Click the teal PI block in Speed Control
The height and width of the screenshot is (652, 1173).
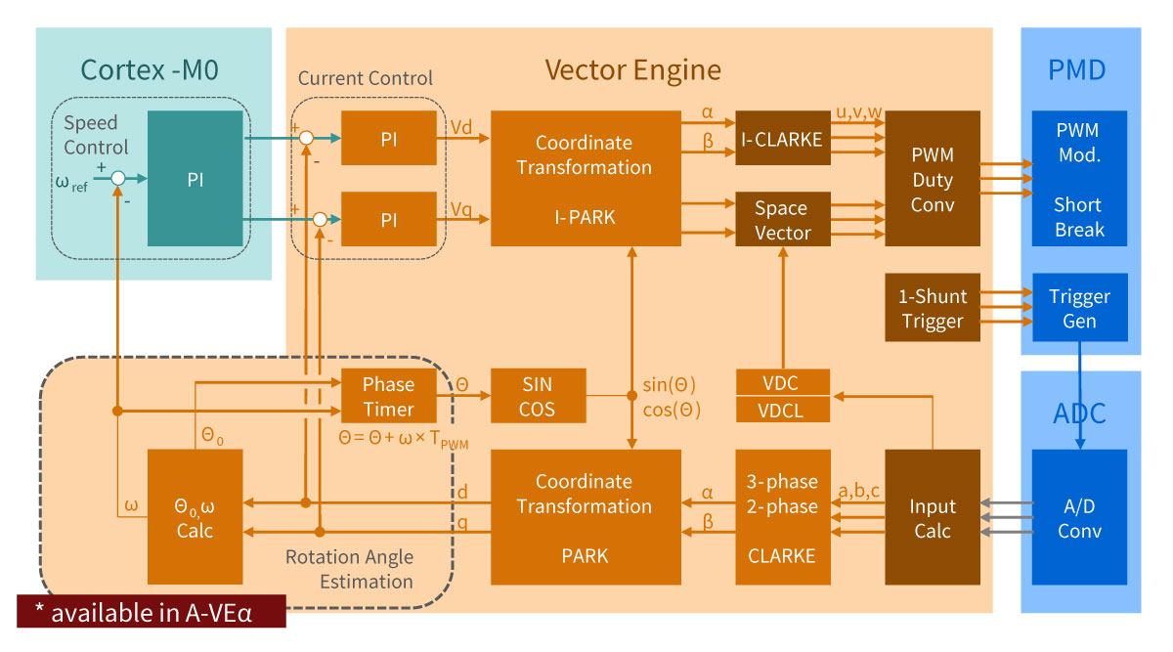coord(195,178)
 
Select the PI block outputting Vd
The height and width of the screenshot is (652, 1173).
coord(388,138)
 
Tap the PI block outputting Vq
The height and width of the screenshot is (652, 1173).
coord(388,220)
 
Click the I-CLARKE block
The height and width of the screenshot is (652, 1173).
coord(782,138)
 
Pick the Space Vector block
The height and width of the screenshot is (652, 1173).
coord(782,220)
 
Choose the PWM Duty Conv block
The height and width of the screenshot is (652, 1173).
coord(932,179)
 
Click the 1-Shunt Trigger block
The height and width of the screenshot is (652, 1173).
coord(932,308)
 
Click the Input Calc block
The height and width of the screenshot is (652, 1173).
coord(932,518)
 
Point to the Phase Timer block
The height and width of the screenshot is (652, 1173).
coord(388,396)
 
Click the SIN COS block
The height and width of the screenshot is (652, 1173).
coord(538,396)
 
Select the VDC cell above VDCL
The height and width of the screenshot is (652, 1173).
coord(782,382)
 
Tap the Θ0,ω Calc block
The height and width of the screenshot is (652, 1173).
coord(194,518)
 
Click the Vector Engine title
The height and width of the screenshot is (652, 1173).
coord(632,70)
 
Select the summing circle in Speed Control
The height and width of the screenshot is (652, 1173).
coord(117,179)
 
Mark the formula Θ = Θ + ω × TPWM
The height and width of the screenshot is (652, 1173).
coord(402,440)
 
